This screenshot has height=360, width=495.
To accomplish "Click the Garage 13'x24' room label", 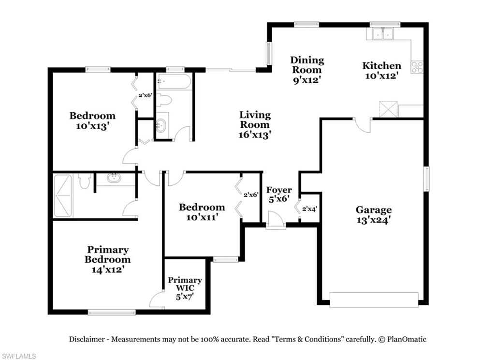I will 373,214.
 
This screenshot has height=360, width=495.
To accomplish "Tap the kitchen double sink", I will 382,34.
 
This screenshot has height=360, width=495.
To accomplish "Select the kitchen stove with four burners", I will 417,67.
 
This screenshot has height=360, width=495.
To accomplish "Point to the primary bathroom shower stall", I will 62,195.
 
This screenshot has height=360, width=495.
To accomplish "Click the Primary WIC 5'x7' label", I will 185,288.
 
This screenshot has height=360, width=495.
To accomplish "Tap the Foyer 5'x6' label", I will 279,194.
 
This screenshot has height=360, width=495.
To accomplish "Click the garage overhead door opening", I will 374,300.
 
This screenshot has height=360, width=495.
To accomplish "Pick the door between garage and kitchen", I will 363,124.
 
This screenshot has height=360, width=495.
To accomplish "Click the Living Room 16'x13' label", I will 255,124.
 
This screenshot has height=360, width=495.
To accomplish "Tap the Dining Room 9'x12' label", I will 307,70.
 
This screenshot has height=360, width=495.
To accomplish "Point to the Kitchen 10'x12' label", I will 382,71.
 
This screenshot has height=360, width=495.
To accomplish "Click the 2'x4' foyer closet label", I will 309,209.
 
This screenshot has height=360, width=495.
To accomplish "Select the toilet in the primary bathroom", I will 85,181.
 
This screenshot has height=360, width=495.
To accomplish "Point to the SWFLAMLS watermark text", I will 18,356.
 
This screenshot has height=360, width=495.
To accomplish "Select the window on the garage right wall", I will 426,179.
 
